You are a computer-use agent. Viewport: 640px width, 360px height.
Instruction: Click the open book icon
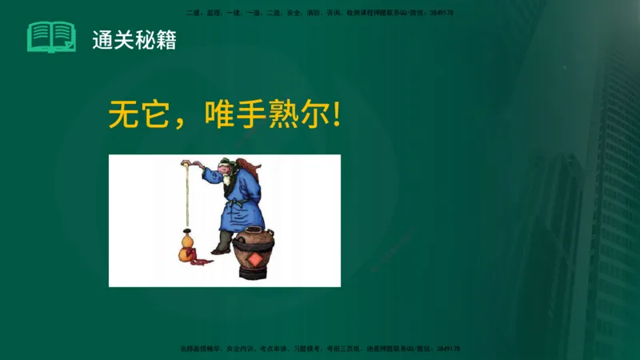click(x=51, y=37)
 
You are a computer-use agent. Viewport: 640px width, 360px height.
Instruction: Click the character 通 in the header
click(x=102, y=39)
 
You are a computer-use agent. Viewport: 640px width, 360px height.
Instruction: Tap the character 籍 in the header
click(x=166, y=39)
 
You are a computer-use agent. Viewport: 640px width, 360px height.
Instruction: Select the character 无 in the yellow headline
click(x=124, y=115)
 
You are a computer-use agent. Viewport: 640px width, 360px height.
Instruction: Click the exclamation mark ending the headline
click(x=337, y=115)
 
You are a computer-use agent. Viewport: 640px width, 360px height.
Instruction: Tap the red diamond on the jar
click(x=254, y=260)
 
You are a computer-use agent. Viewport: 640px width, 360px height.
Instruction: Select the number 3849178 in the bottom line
click(x=449, y=349)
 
